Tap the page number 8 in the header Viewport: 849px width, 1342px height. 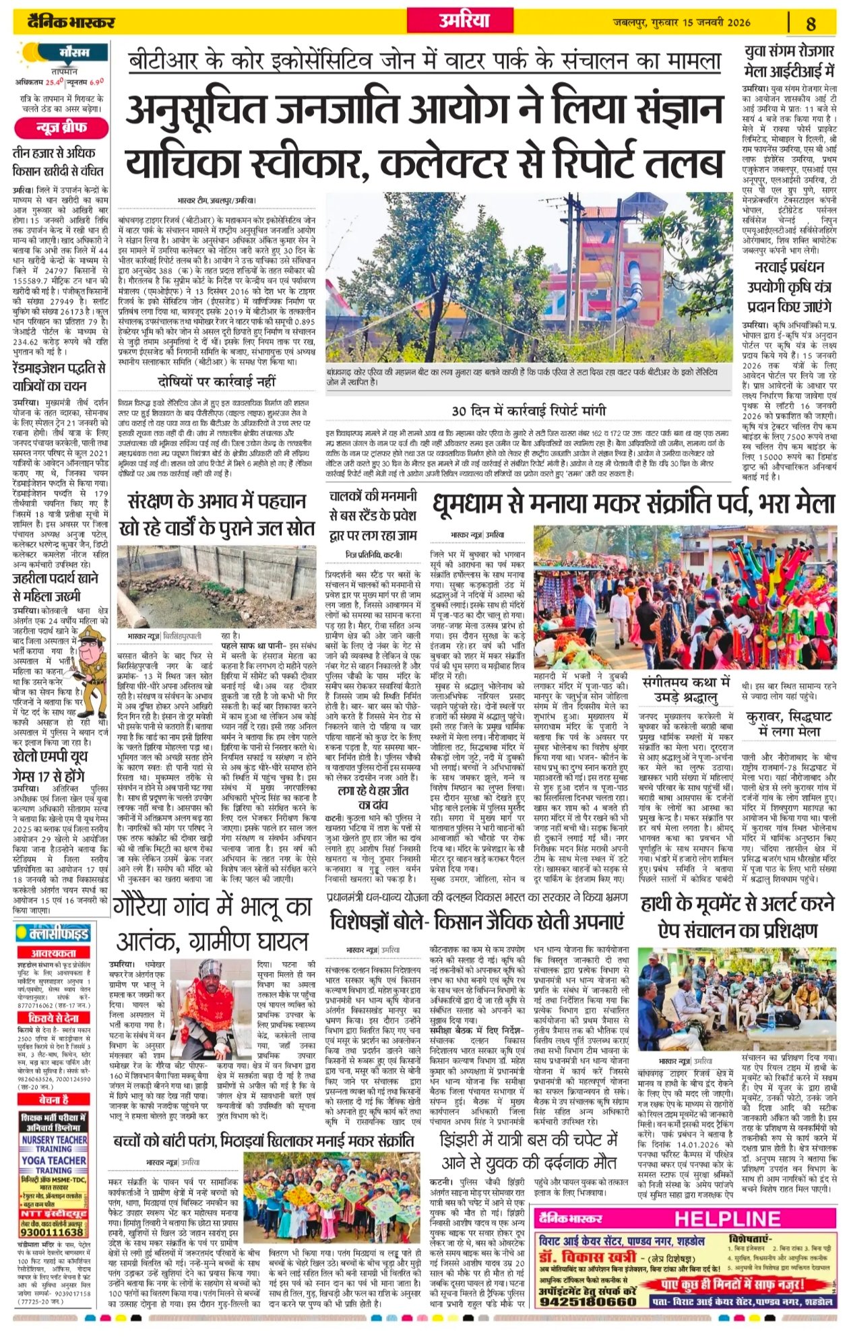point(811,24)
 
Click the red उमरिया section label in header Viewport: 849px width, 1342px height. point(464,22)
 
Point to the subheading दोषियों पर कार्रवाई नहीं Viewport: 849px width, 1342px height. point(217,381)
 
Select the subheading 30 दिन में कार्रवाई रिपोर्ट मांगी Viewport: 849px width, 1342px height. point(529,410)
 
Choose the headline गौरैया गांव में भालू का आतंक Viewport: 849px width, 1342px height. point(213,922)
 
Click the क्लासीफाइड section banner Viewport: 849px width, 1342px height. point(61,933)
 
